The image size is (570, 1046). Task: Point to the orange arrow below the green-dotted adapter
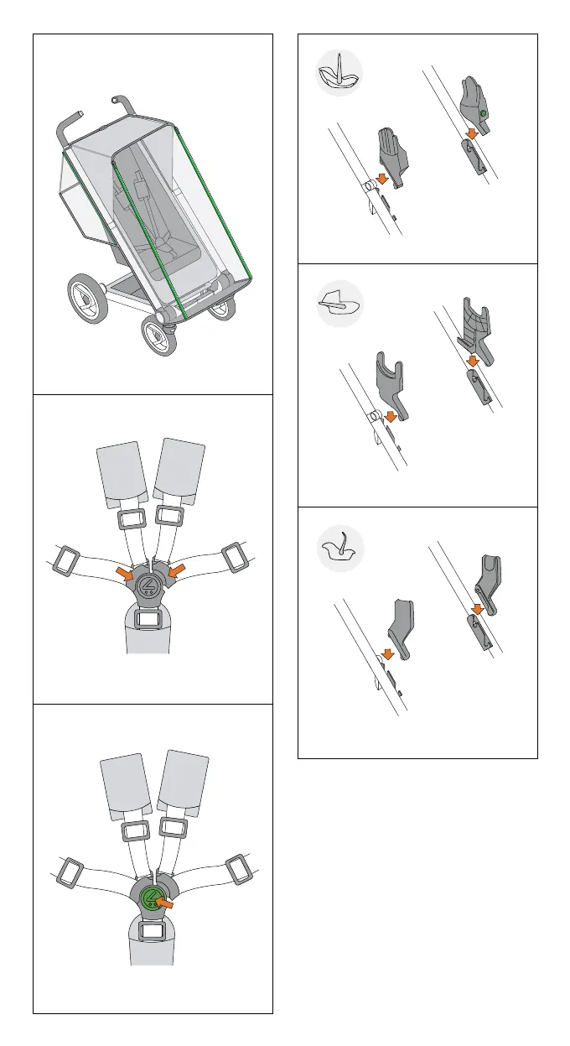474,133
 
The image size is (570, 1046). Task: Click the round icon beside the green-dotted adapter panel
339,73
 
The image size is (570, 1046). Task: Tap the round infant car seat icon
340,550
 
